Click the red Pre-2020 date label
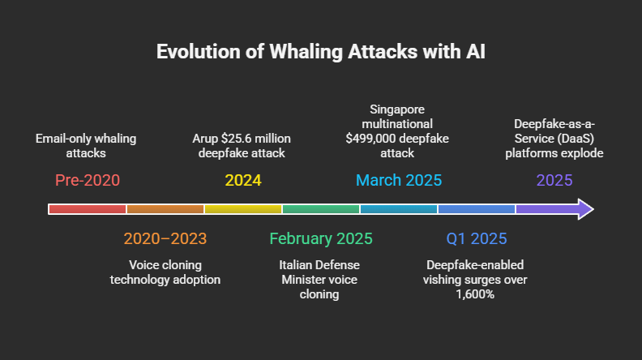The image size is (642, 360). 87,180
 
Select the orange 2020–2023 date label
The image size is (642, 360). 165,238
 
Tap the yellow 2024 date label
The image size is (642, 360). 242,180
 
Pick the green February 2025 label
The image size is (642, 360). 320,238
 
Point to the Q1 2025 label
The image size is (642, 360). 476,238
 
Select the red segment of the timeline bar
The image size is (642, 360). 88,209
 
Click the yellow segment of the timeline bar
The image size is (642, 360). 243,209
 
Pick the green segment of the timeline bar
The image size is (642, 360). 321,209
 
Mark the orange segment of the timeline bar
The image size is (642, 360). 165,209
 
